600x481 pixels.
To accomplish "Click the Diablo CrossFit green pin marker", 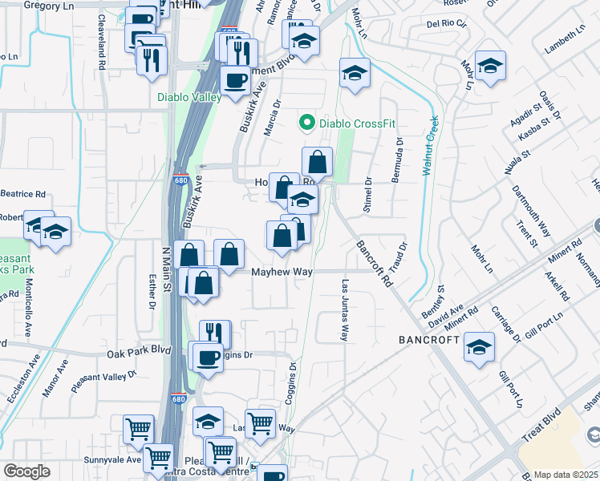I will pyautogui.click(x=306, y=123).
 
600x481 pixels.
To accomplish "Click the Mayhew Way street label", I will pyautogui.click(x=282, y=273).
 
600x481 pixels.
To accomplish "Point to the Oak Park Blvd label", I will pyautogui.click(x=140, y=352).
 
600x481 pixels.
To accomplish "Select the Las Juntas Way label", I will pyautogui.click(x=345, y=310).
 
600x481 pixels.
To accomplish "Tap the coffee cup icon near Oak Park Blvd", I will pyautogui.click(x=209, y=358).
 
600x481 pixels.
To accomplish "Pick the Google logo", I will pyautogui.click(x=26, y=471).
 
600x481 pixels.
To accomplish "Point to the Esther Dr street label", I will pyautogui.click(x=152, y=291).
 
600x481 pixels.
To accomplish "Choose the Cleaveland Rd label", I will pyautogui.click(x=103, y=42).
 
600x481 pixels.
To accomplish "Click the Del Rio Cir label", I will pyautogui.click(x=446, y=24).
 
